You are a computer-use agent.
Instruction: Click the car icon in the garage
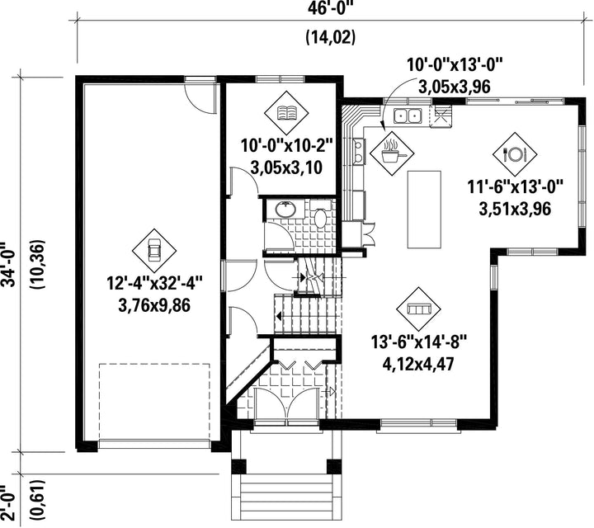click(x=153, y=250)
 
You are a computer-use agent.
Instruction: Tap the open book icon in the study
click(x=286, y=112)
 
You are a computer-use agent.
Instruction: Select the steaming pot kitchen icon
click(x=392, y=153)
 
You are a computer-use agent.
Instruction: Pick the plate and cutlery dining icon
click(x=515, y=154)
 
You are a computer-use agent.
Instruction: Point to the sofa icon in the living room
click(x=418, y=309)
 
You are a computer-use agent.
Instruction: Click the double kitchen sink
click(x=408, y=115)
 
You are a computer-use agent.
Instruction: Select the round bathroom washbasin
click(x=285, y=210)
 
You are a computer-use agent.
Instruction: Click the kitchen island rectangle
click(x=424, y=210)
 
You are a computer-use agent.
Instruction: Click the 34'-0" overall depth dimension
click(x=8, y=264)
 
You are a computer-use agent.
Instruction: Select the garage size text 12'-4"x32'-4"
click(x=154, y=283)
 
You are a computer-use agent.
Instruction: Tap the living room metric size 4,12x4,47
click(x=418, y=365)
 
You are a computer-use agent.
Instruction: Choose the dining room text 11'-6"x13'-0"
click(x=515, y=187)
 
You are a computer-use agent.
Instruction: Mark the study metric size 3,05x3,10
click(x=286, y=167)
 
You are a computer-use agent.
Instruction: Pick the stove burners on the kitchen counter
click(x=358, y=152)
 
